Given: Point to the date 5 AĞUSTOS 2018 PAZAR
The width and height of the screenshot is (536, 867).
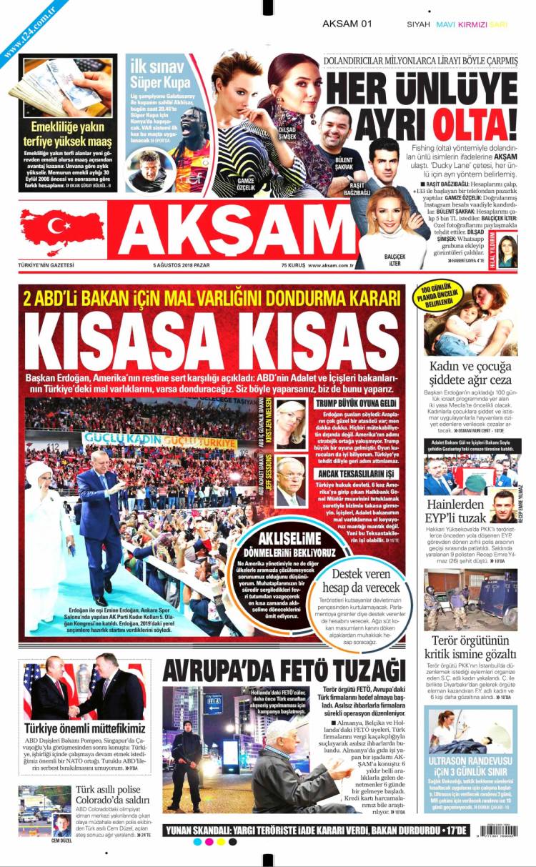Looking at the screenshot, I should (x=182, y=266).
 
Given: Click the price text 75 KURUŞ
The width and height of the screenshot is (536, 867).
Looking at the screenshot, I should (x=294, y=266).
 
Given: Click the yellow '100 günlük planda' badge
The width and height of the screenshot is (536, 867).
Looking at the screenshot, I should (x=438, y=296).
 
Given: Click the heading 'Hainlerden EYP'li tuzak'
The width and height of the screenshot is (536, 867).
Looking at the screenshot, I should (x=452, y=510).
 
